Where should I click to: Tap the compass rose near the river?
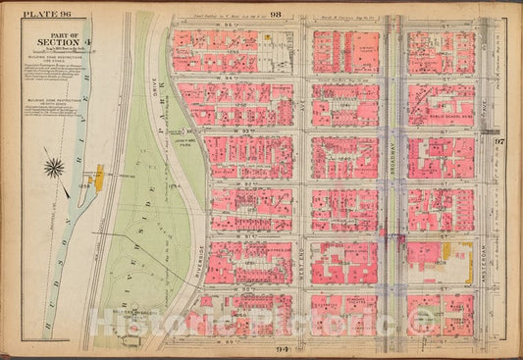tap(56, 168)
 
